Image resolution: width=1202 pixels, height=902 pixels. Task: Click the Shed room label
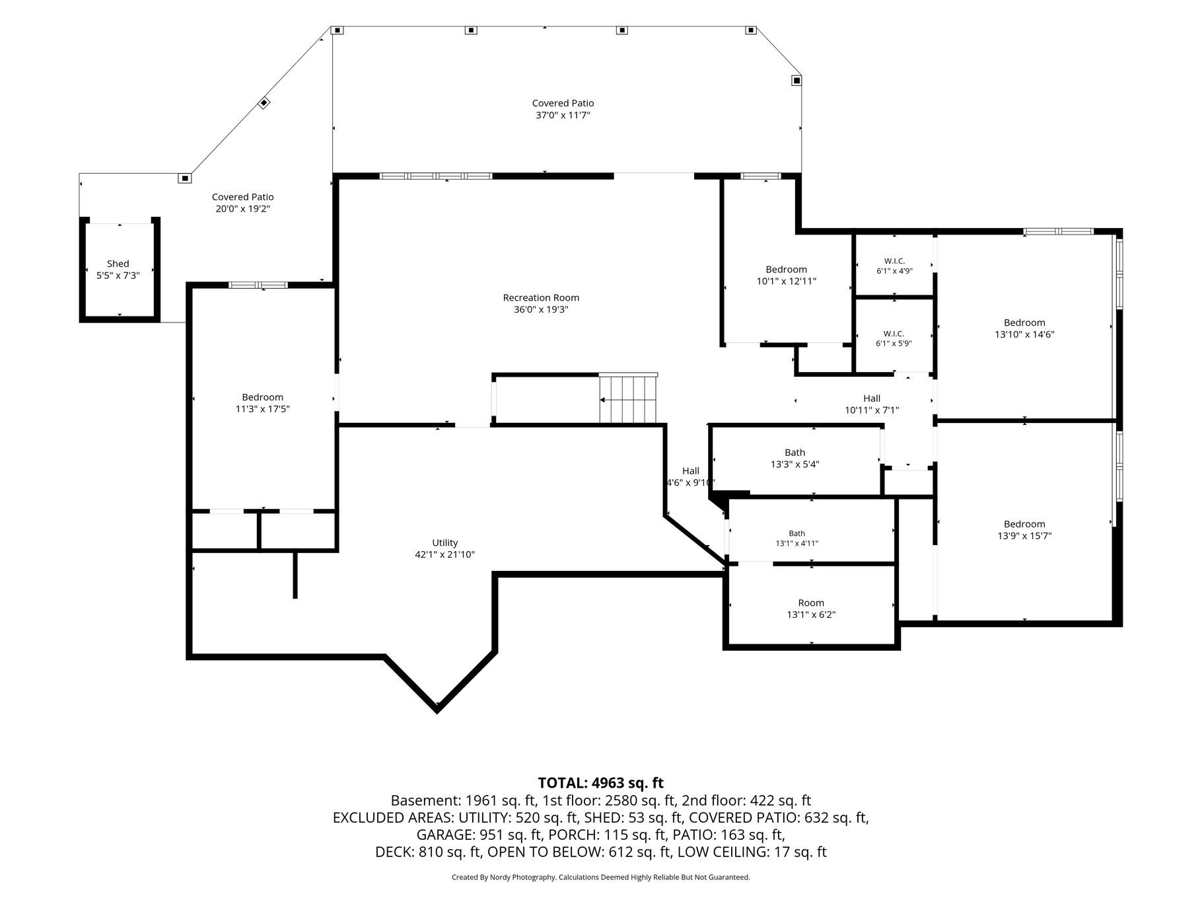pos(118,264)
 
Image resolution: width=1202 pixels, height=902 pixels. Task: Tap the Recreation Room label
pos(541,298)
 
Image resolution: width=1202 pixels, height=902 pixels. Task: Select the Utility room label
pos(445,543)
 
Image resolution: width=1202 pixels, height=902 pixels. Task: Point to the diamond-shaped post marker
pos(264,102)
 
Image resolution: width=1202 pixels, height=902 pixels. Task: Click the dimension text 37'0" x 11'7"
pos(563,115)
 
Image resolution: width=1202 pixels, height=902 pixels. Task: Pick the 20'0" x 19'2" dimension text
pos(242,209)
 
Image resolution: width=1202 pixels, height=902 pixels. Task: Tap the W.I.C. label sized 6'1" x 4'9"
pos(895,261)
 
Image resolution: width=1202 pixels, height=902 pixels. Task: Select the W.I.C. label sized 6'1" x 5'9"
pos(894,334)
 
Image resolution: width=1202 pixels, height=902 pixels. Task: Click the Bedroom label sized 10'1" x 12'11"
pos(787,270)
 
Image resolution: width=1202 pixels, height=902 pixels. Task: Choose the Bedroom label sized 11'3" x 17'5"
pos(262,397)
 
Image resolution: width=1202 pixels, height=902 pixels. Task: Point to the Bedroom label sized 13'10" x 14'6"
pos(1024,322)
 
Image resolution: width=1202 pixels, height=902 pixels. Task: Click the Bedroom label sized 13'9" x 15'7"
pos(1024,524)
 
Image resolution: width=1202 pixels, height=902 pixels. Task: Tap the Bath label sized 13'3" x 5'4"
pos(795,453)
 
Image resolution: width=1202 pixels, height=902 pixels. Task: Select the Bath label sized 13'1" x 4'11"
pos(797,533)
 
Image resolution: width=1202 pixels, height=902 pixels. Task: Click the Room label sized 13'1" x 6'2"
pos(811,603)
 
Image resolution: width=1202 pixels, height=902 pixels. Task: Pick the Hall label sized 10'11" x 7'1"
pos(872,398)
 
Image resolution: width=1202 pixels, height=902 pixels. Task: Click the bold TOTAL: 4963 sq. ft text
pos(601,783)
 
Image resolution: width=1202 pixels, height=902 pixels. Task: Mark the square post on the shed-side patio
pos(184,178)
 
